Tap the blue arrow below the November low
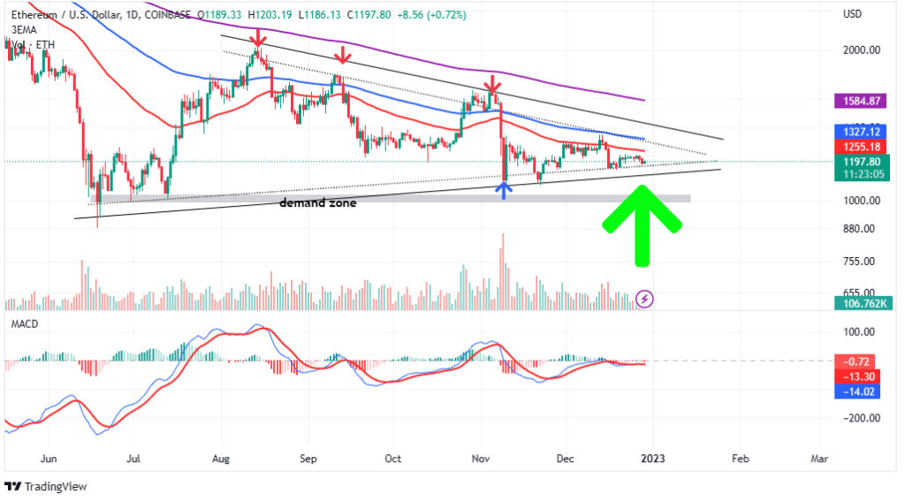[504, 188]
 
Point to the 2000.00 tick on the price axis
[860, 50]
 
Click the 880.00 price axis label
[860, 229]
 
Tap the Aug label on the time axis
[221, 459]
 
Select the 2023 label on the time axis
[653, 459]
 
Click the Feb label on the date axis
[741, 459]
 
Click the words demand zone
[318, 202]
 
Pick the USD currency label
[853, 14]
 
